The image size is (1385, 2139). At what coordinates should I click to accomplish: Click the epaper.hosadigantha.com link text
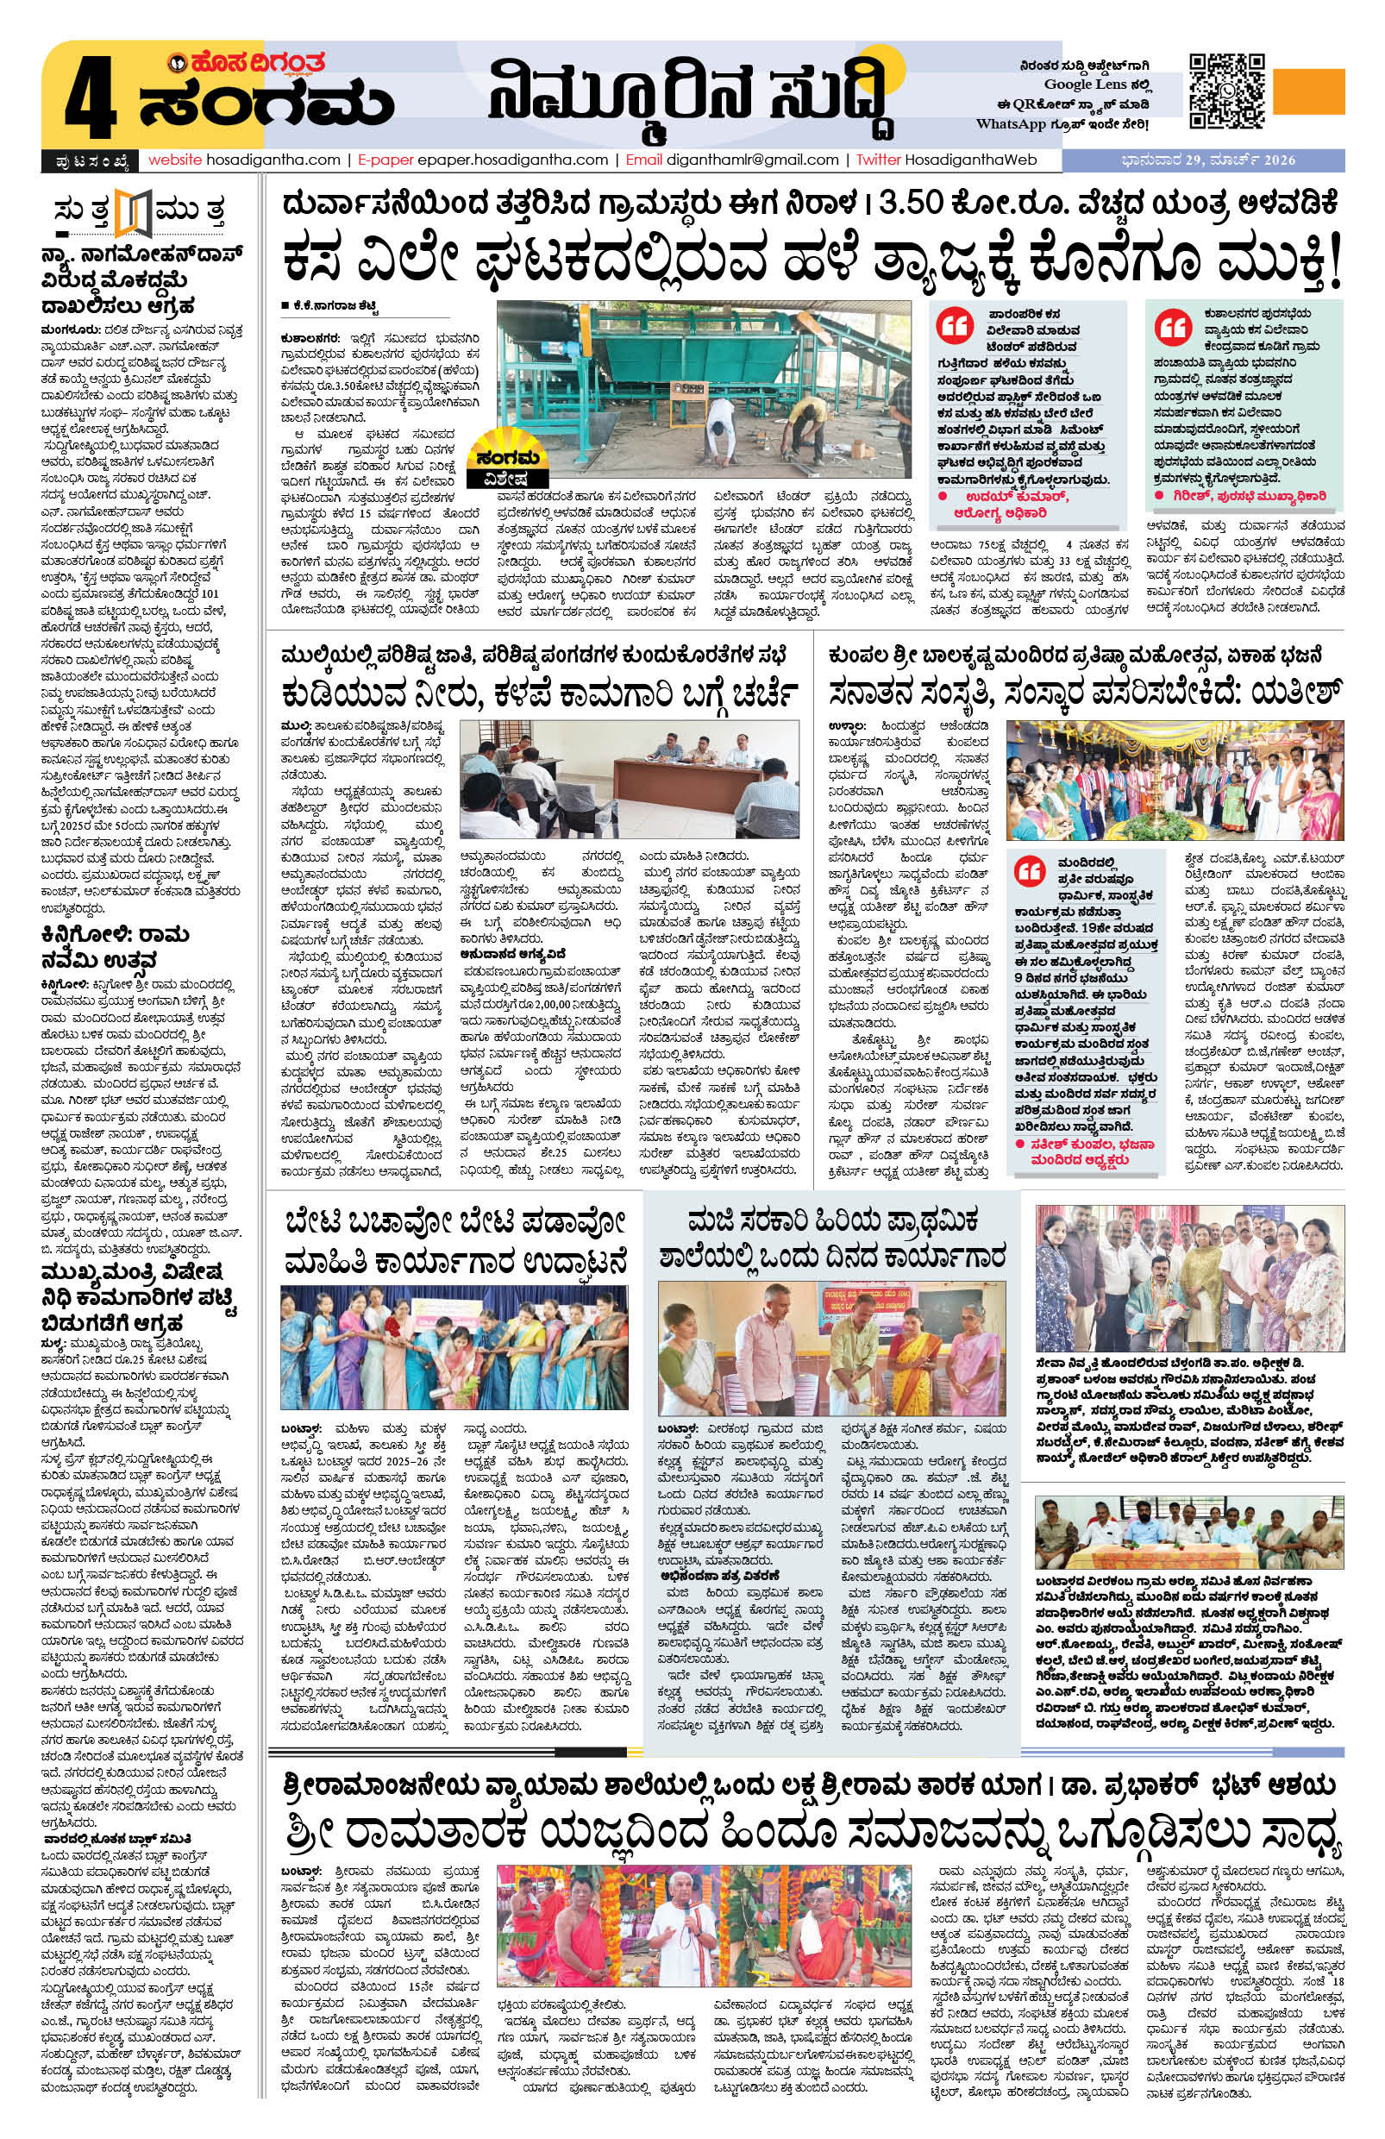coord(519,160)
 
